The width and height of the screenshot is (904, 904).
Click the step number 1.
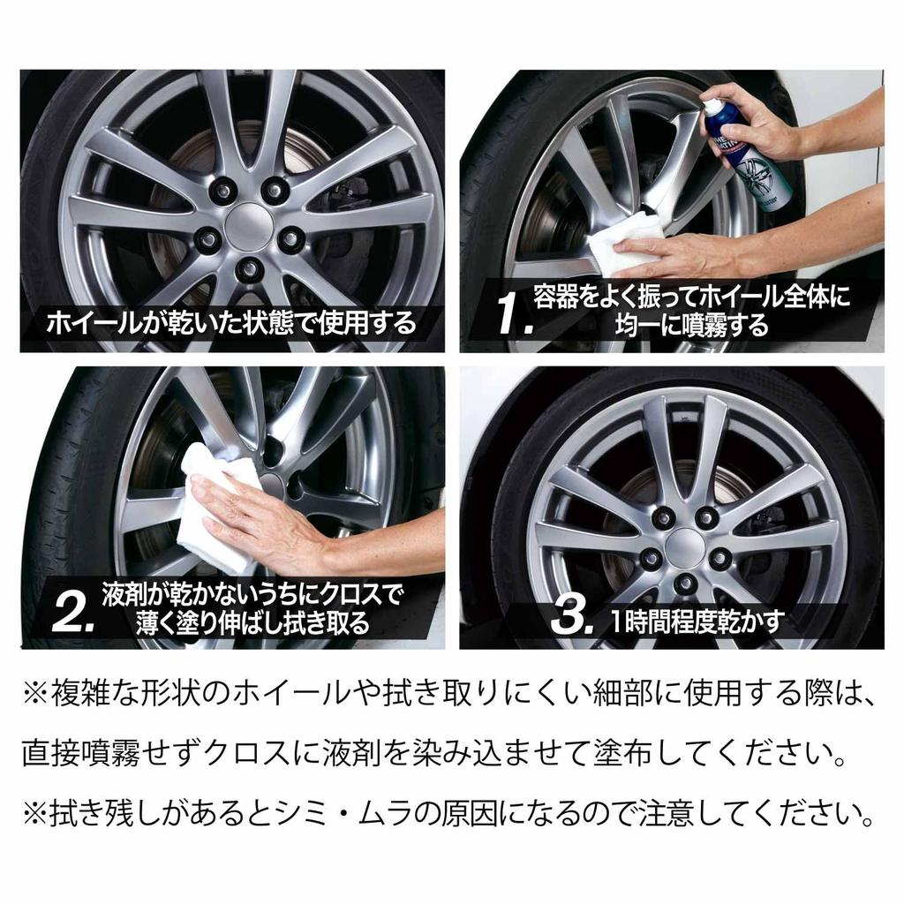coord(514,315)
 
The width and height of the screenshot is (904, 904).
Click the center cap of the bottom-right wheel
coord(684,547)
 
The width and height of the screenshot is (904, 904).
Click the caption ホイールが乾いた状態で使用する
coord(231,322)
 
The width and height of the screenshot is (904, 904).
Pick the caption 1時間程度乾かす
coord(697,622)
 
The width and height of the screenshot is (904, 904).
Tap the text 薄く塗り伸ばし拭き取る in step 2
coord(252,623)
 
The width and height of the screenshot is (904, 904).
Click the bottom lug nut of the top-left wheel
coord(249,267)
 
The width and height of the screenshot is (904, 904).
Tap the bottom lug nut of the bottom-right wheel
coord(686,584)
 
